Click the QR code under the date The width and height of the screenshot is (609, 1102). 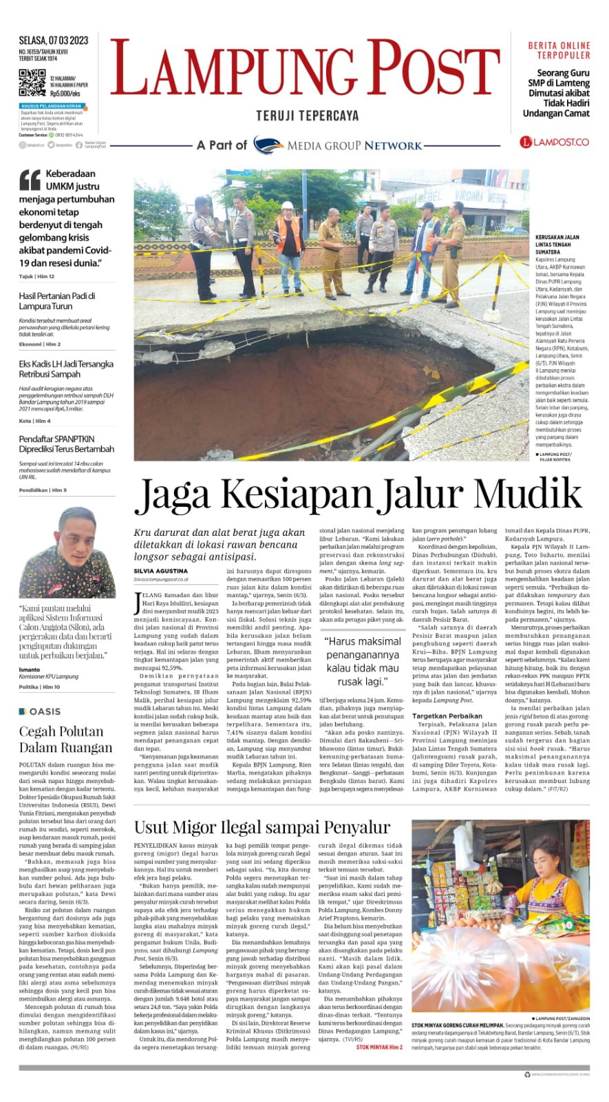[x=32, y=83]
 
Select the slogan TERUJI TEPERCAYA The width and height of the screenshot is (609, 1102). [x=308, y=116]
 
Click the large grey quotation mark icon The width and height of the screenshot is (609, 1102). [x=30, y=180]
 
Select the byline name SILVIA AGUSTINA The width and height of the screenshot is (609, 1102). [x=160, y=571]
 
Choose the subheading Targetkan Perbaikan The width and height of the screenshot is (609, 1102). [x=447, y=716]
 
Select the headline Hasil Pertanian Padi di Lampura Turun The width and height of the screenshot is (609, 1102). [x=57, y=301]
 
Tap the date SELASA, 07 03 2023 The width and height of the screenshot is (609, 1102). [x=54, y=41]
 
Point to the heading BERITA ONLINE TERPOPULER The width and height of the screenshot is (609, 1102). [x=559, y=50]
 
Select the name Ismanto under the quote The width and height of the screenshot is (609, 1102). [x=30, y=669]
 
